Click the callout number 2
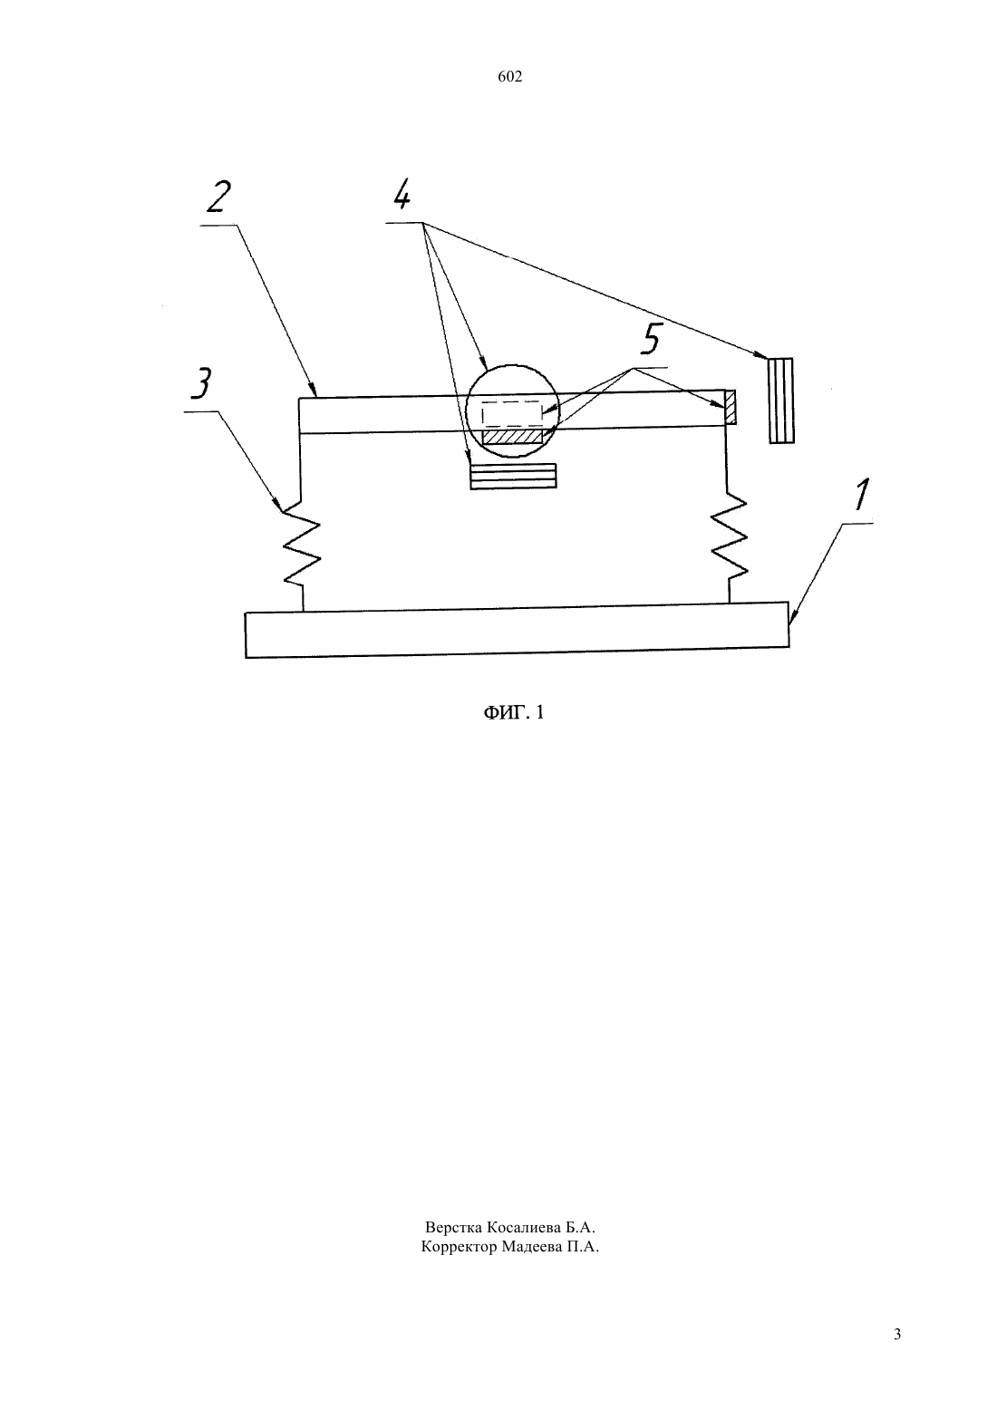(218, 197)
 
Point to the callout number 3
(201, 383)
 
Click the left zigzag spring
(302, 546)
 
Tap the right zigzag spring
(729, 537)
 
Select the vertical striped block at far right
(780, 401)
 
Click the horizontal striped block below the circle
(513, 476)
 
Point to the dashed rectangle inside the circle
(511, 413)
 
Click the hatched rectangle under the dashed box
(512, 436)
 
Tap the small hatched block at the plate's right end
(731, 407)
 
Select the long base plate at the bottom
(517, 630)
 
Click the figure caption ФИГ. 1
(513, 712)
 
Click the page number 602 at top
(509, 77)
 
